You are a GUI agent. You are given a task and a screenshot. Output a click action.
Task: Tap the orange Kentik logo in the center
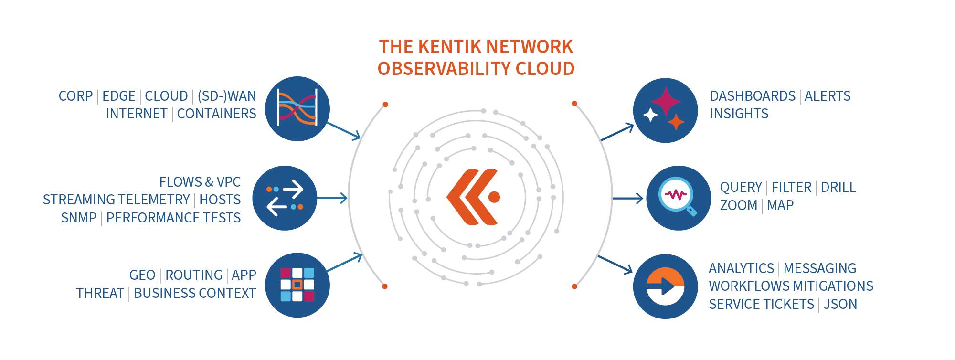tap(473, 197)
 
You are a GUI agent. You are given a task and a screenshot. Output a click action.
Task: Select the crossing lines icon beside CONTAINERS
tap(297, 109)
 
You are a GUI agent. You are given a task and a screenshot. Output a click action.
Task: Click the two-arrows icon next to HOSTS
tap(285, 198)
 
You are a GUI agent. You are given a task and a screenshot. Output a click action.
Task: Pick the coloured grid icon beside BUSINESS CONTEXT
tap(297, 285)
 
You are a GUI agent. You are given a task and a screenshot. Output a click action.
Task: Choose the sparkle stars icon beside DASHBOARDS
tap(666, 110)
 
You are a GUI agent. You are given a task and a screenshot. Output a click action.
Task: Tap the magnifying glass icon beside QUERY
tap(679, 198)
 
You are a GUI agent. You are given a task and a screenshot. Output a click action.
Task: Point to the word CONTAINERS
tap(217, 114)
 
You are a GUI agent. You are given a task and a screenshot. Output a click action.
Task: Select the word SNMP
tap(79, 218)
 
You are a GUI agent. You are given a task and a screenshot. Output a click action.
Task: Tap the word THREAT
tap(100, 293)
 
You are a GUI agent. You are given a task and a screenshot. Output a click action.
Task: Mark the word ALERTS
tap(828, 96)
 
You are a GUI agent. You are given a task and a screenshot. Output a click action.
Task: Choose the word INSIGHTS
tap(739, 114)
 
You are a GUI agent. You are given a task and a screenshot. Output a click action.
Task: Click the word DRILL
tap(838, 187)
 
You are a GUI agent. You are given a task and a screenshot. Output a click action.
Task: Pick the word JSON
tap(840, 304)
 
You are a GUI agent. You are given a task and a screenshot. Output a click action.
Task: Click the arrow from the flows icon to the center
tap(332, 198)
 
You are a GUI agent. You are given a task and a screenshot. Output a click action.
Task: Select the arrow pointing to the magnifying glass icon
tap(628, 198)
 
